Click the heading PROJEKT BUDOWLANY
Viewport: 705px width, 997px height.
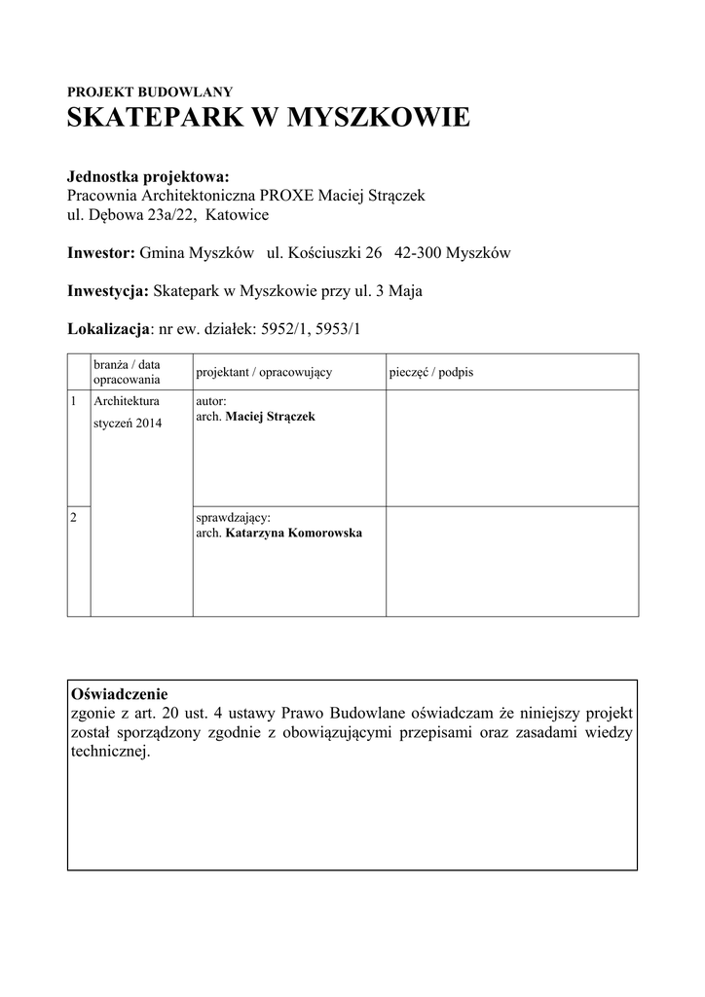click(149, 92)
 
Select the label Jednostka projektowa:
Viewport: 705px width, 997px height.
click(148, 177)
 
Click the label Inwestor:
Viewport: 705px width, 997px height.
click(100, 253)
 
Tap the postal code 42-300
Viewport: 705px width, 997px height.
click(420, 253)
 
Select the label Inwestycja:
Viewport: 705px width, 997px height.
click(107, 291)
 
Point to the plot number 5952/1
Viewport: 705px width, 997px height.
click(282, 329)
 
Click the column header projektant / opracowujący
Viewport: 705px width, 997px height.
click(264, 373)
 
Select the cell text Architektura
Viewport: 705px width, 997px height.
click(128, 400)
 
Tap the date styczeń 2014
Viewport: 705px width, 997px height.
click(128, 424)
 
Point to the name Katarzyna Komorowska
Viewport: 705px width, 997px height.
click(293, 534)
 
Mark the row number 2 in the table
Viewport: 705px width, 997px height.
click(74, 517)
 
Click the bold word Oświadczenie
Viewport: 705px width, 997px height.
click(120, 695)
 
